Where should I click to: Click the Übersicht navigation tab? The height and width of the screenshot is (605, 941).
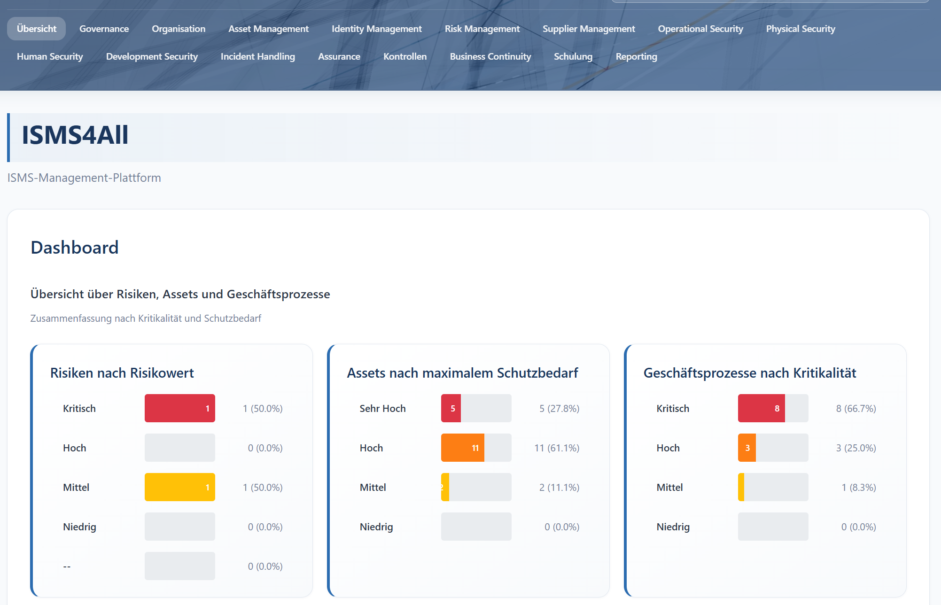(x=36, y=29)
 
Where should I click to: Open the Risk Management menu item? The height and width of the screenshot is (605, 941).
(x=482, y=29)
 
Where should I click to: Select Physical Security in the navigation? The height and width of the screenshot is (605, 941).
(x=801, y=29)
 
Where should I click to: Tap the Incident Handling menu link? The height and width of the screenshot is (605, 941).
(x=257, y=56)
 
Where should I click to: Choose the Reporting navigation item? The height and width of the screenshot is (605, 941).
(x=636, y=56)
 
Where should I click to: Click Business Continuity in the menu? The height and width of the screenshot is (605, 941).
(x=490, y=56)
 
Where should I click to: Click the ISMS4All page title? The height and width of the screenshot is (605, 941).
(x=75, y=135)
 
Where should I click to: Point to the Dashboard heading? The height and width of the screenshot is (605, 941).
(x=74, y=248)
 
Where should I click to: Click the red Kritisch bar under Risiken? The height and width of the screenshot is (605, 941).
(x=179, y=408)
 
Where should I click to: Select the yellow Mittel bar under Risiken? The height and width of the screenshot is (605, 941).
(x=179, y=487)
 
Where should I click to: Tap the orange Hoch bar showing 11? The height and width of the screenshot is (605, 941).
(x=462, y=448)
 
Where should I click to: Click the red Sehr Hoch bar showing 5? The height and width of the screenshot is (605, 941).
(x=451, y=408)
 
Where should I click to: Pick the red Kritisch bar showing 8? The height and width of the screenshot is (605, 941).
(x=761, y=408)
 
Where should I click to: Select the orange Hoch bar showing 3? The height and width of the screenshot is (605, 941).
(x=747, y=448)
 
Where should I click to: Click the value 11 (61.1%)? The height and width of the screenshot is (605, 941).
(x=557, y=448)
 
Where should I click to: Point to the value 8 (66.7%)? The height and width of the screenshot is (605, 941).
(x=855, y=409)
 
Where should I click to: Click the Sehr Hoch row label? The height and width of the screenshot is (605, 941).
(x=382, y=409)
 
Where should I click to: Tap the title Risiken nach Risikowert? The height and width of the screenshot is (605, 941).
(x=122, y=373)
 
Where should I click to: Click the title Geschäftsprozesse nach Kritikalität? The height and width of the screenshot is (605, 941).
(x=749, y=373)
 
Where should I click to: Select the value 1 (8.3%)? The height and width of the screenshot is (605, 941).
(x=858, y=488)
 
